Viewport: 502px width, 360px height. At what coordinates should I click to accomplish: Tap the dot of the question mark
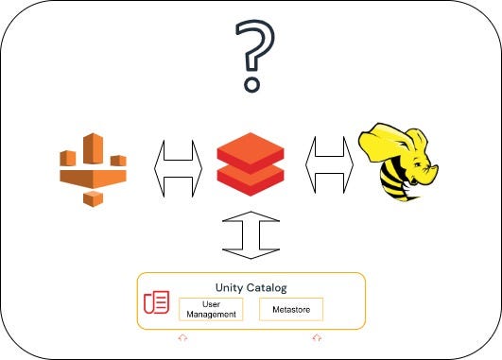pos(251,86)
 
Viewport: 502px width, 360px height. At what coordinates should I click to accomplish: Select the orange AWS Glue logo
pos(92,169)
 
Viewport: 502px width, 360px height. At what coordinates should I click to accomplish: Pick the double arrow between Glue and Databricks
pos(178,167)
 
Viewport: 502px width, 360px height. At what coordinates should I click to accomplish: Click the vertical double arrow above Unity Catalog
pos(251,234)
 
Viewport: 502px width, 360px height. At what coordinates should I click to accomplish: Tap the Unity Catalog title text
pos(250,286)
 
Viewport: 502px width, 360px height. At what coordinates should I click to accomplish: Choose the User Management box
pos(210,309)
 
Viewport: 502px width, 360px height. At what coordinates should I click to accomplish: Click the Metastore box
pos(291,309)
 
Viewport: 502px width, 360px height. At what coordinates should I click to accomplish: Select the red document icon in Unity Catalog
pos(156,303)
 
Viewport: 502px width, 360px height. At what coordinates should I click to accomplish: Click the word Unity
pos(231,286)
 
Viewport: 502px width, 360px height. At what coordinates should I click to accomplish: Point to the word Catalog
pos(267,286)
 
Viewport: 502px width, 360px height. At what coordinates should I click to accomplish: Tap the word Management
pos(210,314)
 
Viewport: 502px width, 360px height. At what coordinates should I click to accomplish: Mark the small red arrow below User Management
pos(182,337)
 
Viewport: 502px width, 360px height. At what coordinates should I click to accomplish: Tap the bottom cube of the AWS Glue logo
pos(93,198)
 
